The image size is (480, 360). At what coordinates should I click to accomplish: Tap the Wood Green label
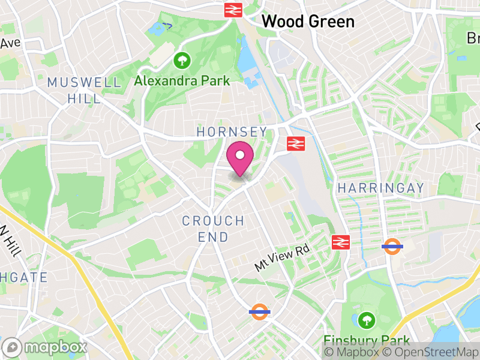point(308,22)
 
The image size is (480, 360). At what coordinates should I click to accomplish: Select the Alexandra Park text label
point(173,80)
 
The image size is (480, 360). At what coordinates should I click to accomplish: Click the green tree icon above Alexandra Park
point(181,61)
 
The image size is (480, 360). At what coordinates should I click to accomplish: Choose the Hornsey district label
point(232,131)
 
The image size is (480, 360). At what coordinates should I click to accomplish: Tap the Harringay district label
point(380,188)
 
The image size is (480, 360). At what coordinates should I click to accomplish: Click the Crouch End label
point(214,229)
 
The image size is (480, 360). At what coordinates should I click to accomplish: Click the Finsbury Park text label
point(367,340)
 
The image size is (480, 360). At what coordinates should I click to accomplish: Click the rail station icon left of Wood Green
point(233,10)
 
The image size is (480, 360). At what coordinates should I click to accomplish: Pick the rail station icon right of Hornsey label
point(295,143)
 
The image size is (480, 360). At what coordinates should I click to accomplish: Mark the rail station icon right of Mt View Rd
point(340,242)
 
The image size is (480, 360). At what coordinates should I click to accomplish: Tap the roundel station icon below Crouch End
point(259,311)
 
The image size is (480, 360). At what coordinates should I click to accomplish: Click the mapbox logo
point(46,347)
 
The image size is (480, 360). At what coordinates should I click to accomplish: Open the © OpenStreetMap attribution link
point(430,353)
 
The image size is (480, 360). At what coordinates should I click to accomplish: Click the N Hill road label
point(11,240)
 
